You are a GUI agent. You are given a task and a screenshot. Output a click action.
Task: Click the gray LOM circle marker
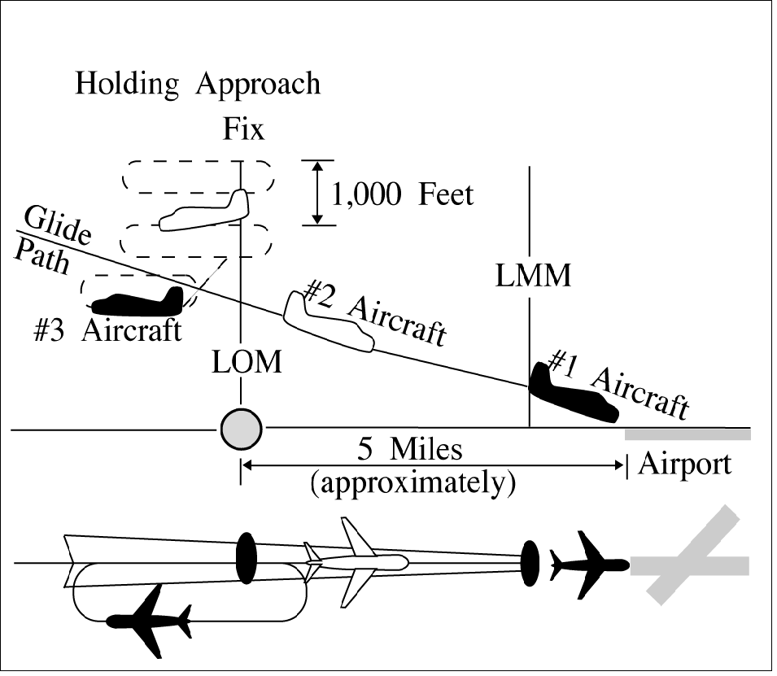pos(242,426)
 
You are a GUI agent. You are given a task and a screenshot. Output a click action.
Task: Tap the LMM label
pos(533,276)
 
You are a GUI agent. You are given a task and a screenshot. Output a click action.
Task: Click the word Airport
pos(685,464)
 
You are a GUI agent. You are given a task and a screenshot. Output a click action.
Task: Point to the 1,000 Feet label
pos(402,195)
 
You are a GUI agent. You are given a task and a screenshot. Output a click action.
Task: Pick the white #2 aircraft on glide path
pos(327,321)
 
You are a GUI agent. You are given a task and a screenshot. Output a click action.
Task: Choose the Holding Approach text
pos(198,85)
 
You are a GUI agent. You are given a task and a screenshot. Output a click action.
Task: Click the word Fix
pos(243,129)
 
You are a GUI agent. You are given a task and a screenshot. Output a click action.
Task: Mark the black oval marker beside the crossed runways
pos(530,560)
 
